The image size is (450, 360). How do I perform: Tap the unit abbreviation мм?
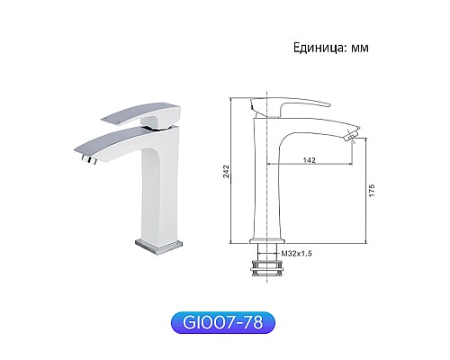coord(358,48)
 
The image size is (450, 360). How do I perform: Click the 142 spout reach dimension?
coord(310,158)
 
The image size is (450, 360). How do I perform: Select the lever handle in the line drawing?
coord(279,105)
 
